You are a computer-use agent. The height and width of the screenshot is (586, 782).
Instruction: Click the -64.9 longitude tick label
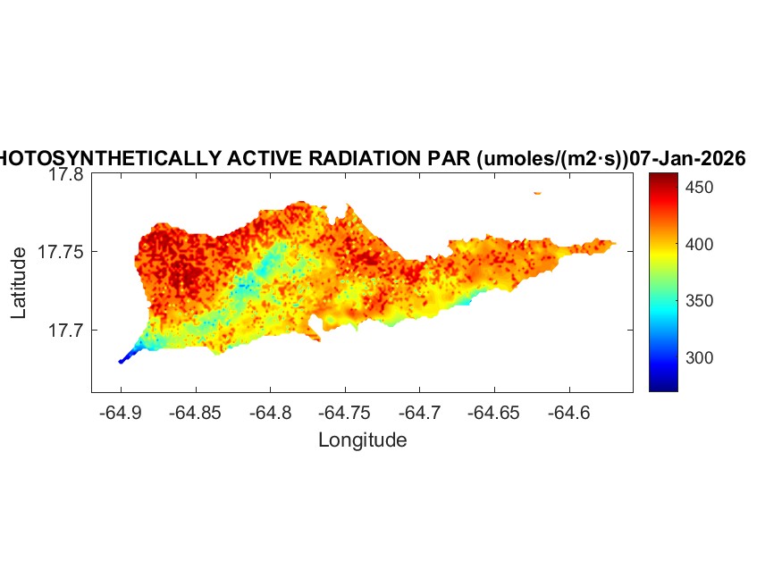[121, 414]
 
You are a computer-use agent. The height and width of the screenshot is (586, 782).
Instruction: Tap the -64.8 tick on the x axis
[271, 414]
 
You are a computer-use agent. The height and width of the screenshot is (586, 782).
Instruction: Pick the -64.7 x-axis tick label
[421, 414]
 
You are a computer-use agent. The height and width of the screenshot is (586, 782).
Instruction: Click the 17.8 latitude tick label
[65, 175]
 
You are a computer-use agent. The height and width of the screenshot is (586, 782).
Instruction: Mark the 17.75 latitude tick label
[62, 252]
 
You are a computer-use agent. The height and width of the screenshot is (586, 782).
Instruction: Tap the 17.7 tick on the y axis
[65, 330]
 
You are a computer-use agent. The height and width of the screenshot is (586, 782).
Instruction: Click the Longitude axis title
[362, 439]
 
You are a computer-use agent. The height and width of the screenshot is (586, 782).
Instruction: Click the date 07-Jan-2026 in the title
[687, 159]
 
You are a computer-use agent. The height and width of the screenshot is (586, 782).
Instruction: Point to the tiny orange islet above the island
[537, 192]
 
